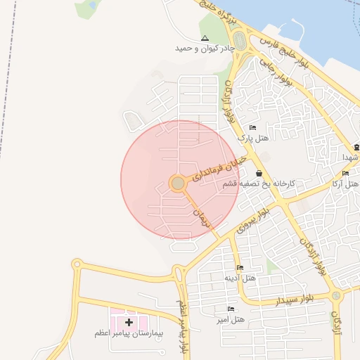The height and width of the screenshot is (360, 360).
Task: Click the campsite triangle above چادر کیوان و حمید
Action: (x=205, y=38)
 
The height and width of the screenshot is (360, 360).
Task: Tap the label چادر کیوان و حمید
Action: (x=205, y=49)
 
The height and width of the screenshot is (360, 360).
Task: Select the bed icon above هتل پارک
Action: (x=252, y=127)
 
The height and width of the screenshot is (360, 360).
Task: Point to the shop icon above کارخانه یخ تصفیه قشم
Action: (x=259, y=173)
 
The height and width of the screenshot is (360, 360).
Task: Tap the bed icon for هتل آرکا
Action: (x=345, y=174)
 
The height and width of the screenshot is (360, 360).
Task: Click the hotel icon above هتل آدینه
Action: (x=240, y=267)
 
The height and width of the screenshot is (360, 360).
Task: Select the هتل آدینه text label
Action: (x=240, y=278)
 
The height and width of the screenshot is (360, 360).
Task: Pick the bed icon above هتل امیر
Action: (x=231, y=309)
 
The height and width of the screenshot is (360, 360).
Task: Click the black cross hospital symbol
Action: (x=129, y=321)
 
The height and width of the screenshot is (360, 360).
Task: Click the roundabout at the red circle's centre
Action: (x=178, y=184)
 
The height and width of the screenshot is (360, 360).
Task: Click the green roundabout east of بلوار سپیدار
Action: (x=336, y=296)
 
